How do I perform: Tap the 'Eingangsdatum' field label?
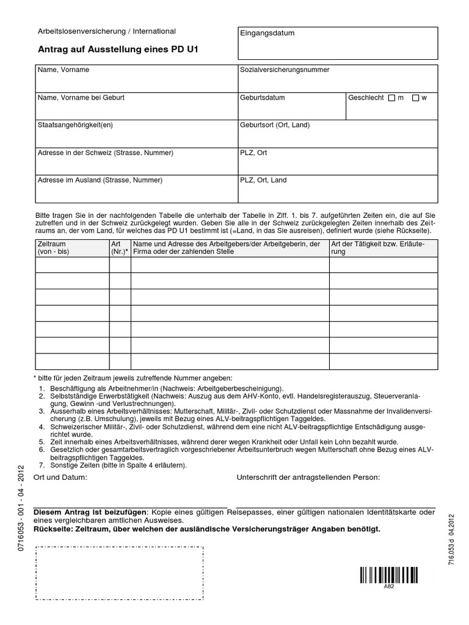(267, 33)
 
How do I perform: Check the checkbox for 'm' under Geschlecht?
(391, 98)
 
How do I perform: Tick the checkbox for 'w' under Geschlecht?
(416, 98)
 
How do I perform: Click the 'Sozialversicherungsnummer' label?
(285, 70)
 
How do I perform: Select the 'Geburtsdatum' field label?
(263, 98)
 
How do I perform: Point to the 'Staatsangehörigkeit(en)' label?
(76, 125)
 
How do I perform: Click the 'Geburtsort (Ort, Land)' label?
(275, 125)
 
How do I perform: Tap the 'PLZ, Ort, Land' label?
(263, 181)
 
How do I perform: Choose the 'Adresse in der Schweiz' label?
(105, 153)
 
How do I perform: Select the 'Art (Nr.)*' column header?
(120, 248)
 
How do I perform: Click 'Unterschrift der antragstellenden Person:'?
(308, 477)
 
